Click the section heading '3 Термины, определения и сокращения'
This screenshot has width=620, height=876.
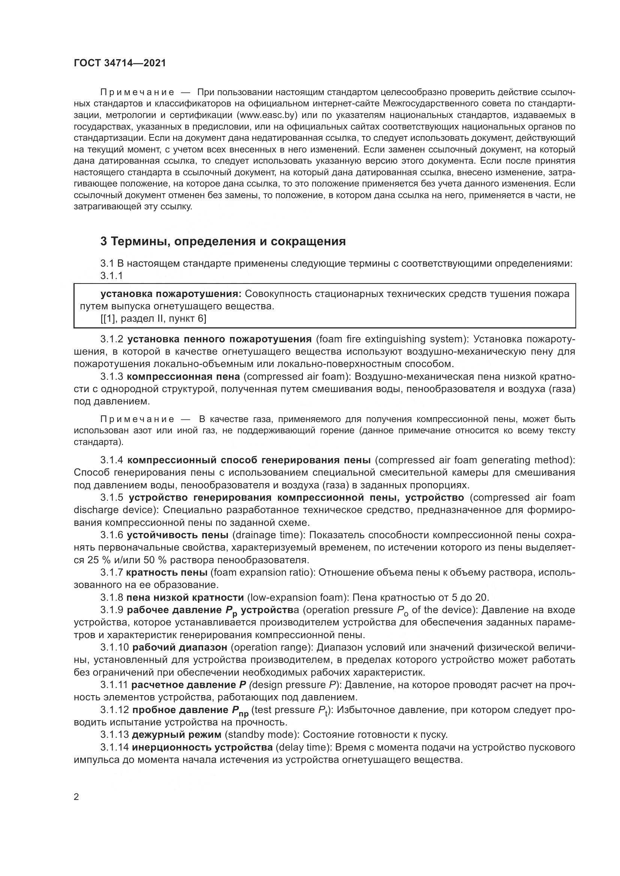click(223, 242)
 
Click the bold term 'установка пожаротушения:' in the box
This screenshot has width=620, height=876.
click(171, 294)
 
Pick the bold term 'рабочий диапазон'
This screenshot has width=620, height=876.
click(180, 647)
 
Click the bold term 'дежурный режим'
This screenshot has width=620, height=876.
click(177, 734)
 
